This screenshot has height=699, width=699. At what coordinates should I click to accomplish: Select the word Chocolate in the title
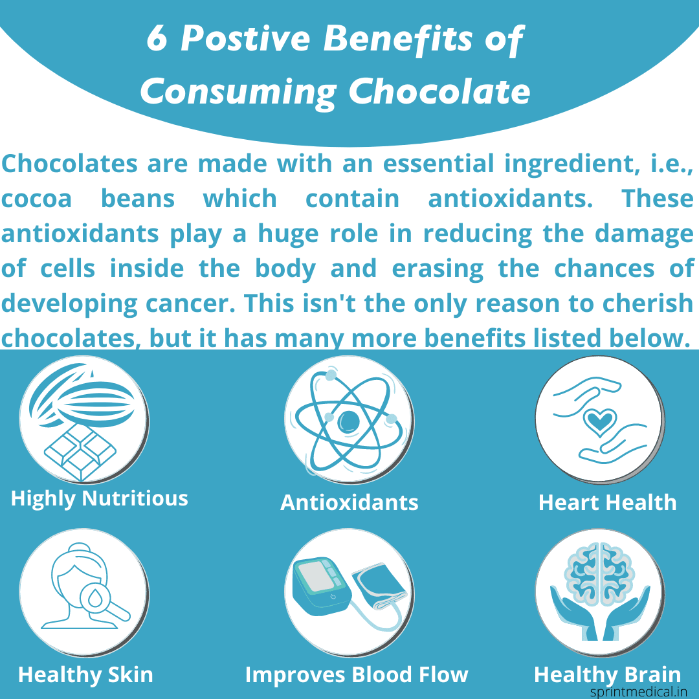click(440, 91)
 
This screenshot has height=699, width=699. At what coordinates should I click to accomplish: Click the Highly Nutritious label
click(100, 499)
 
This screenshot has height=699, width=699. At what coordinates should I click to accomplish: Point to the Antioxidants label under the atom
click(349, 503)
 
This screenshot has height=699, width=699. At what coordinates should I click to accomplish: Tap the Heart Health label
click(607, 503)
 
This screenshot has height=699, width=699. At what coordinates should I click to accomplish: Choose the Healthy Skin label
click(85, 675)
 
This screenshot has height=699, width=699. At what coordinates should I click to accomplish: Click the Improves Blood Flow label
click(357, 675)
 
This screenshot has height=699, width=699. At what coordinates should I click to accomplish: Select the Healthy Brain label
click(607, 675)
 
